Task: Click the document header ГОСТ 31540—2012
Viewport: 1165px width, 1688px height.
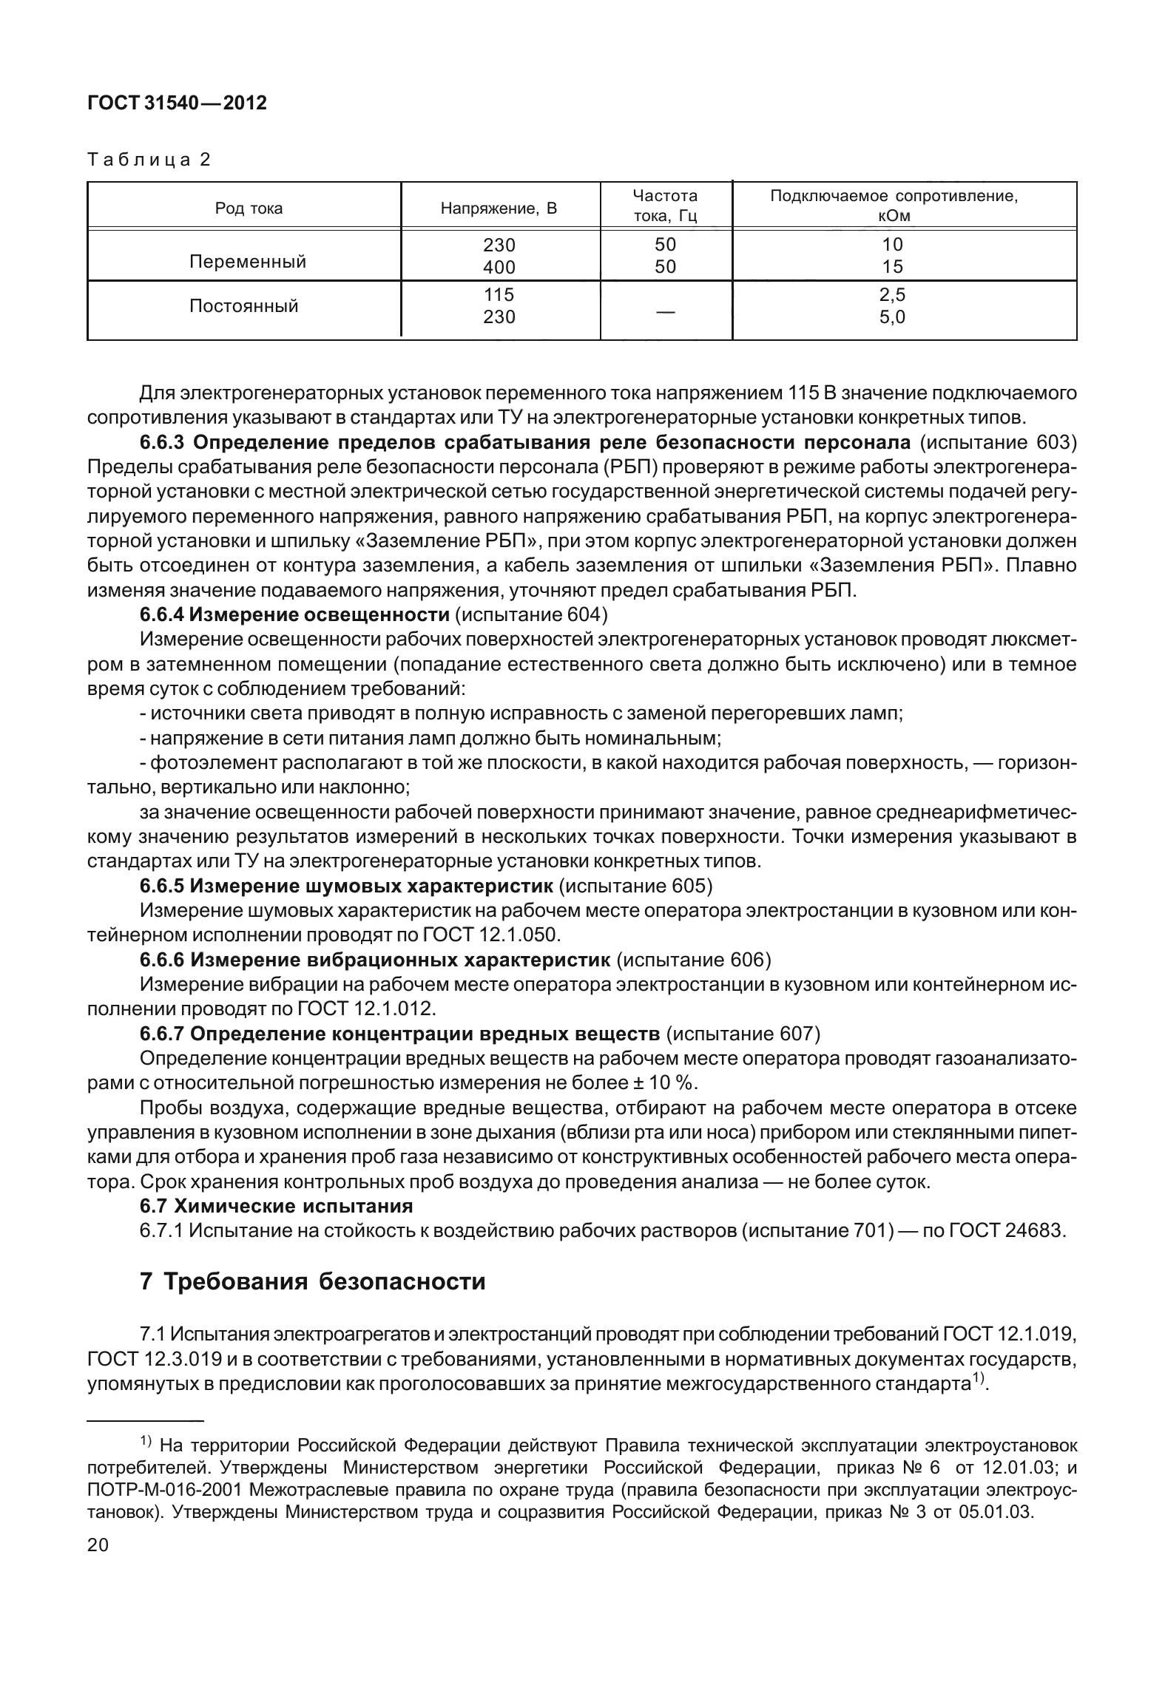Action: pyautogui.click(x=177, y=104)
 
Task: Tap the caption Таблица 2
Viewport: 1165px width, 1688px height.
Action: pyautogui.click(x=149, y=160)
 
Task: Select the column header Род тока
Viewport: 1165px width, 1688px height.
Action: pyautogui.click(x=249, y=209)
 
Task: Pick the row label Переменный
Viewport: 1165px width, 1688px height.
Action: pyautogui.click(x=248, y=262)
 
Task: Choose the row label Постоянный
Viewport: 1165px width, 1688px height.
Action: pyautogui.click(x=244, y=306)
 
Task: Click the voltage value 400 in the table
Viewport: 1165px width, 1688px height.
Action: pyautogui.click(x=499, y=267)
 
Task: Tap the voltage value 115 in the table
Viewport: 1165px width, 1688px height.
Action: pyautogui.click(x=499, y=295)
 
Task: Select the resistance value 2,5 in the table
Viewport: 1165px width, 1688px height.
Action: pyautogui.click(x=892, y=295)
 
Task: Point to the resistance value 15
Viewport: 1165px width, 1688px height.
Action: pyautogui.click(x=893, y=267)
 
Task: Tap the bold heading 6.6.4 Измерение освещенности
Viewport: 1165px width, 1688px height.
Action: pyautogui.click(x=294, y=614)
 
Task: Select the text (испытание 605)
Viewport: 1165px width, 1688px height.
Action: pyautogui.click(x=636, y=886)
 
